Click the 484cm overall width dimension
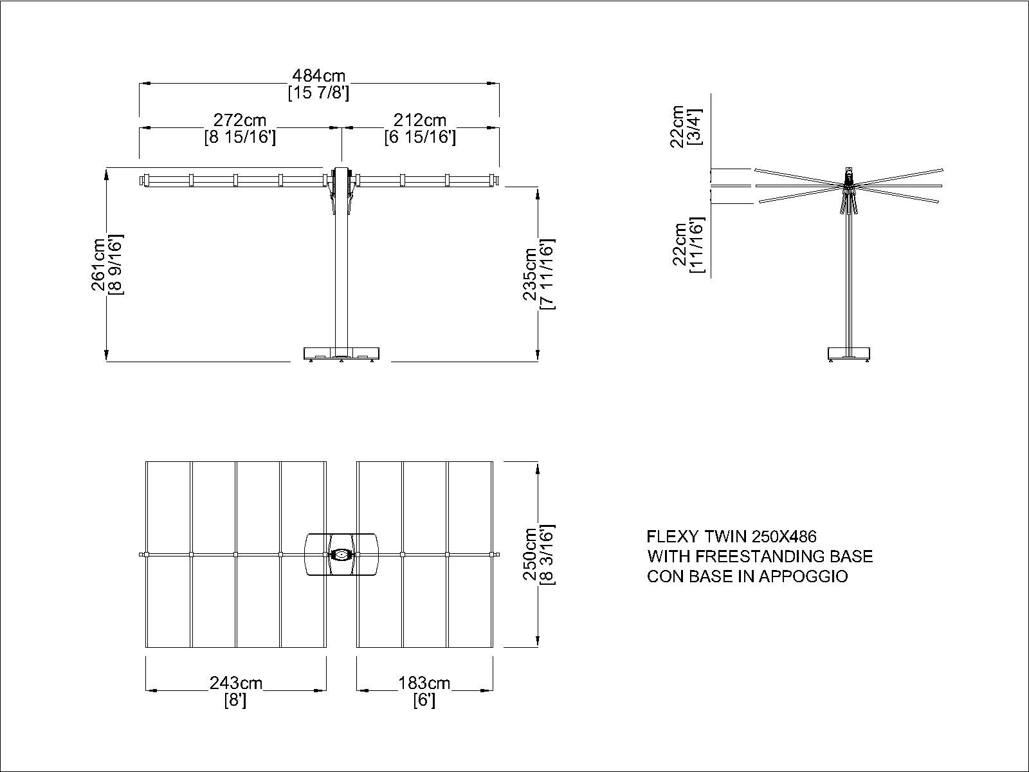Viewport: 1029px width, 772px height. tap(319, 75)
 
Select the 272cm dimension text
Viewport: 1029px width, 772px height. tap(240, 120)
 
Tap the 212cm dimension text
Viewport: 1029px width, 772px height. tap(419, 120)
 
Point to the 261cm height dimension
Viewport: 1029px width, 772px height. tap(99, 264)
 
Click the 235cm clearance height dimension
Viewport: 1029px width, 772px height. tap(530, 274)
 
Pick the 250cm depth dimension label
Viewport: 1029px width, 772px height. tap(530, 554)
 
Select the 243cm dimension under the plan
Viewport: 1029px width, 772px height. tap(236, 683)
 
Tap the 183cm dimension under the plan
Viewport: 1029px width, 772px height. tap(424, 683)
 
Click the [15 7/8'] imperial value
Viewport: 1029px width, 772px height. tap(319, 93)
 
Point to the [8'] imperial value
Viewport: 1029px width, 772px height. tap(236, 701)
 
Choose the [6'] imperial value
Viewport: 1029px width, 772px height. tap(424, 701)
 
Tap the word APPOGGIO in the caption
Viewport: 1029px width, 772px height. tap(803, 576)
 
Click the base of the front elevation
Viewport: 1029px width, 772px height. tap(341, 354)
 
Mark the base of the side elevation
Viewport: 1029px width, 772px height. tap(849, 354)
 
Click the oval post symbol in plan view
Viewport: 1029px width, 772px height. tap(341, 555)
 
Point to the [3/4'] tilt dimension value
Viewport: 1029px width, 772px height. tap(694, 127)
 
